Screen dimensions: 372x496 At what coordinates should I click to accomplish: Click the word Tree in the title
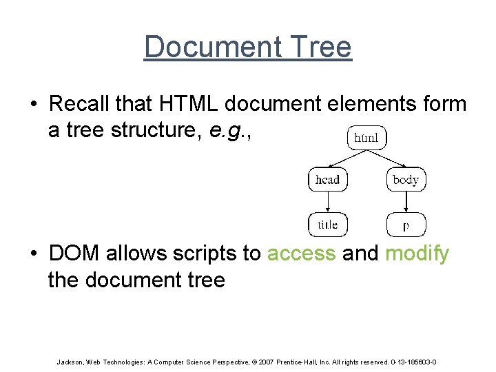(320, 48)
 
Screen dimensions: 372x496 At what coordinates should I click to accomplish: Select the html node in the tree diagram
(366, 138)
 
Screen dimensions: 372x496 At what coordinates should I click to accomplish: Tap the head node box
(328, 180)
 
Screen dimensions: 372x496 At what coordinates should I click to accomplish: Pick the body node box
(405, 180)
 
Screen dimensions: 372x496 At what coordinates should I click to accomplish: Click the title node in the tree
(328, 225)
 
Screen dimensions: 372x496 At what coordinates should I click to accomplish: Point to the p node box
(405, 225)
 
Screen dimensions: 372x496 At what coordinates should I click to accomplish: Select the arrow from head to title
(328, 203)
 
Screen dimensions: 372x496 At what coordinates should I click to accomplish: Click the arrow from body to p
(405, 203)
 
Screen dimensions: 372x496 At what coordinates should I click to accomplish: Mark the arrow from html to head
(344, 159)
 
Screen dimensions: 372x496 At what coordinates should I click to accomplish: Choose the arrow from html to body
(387, 159)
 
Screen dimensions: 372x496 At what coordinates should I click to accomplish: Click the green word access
(301, 254)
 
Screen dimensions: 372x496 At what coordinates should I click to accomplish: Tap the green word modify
(417, 254)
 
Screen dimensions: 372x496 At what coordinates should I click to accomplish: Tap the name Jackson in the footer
(68, 362)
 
